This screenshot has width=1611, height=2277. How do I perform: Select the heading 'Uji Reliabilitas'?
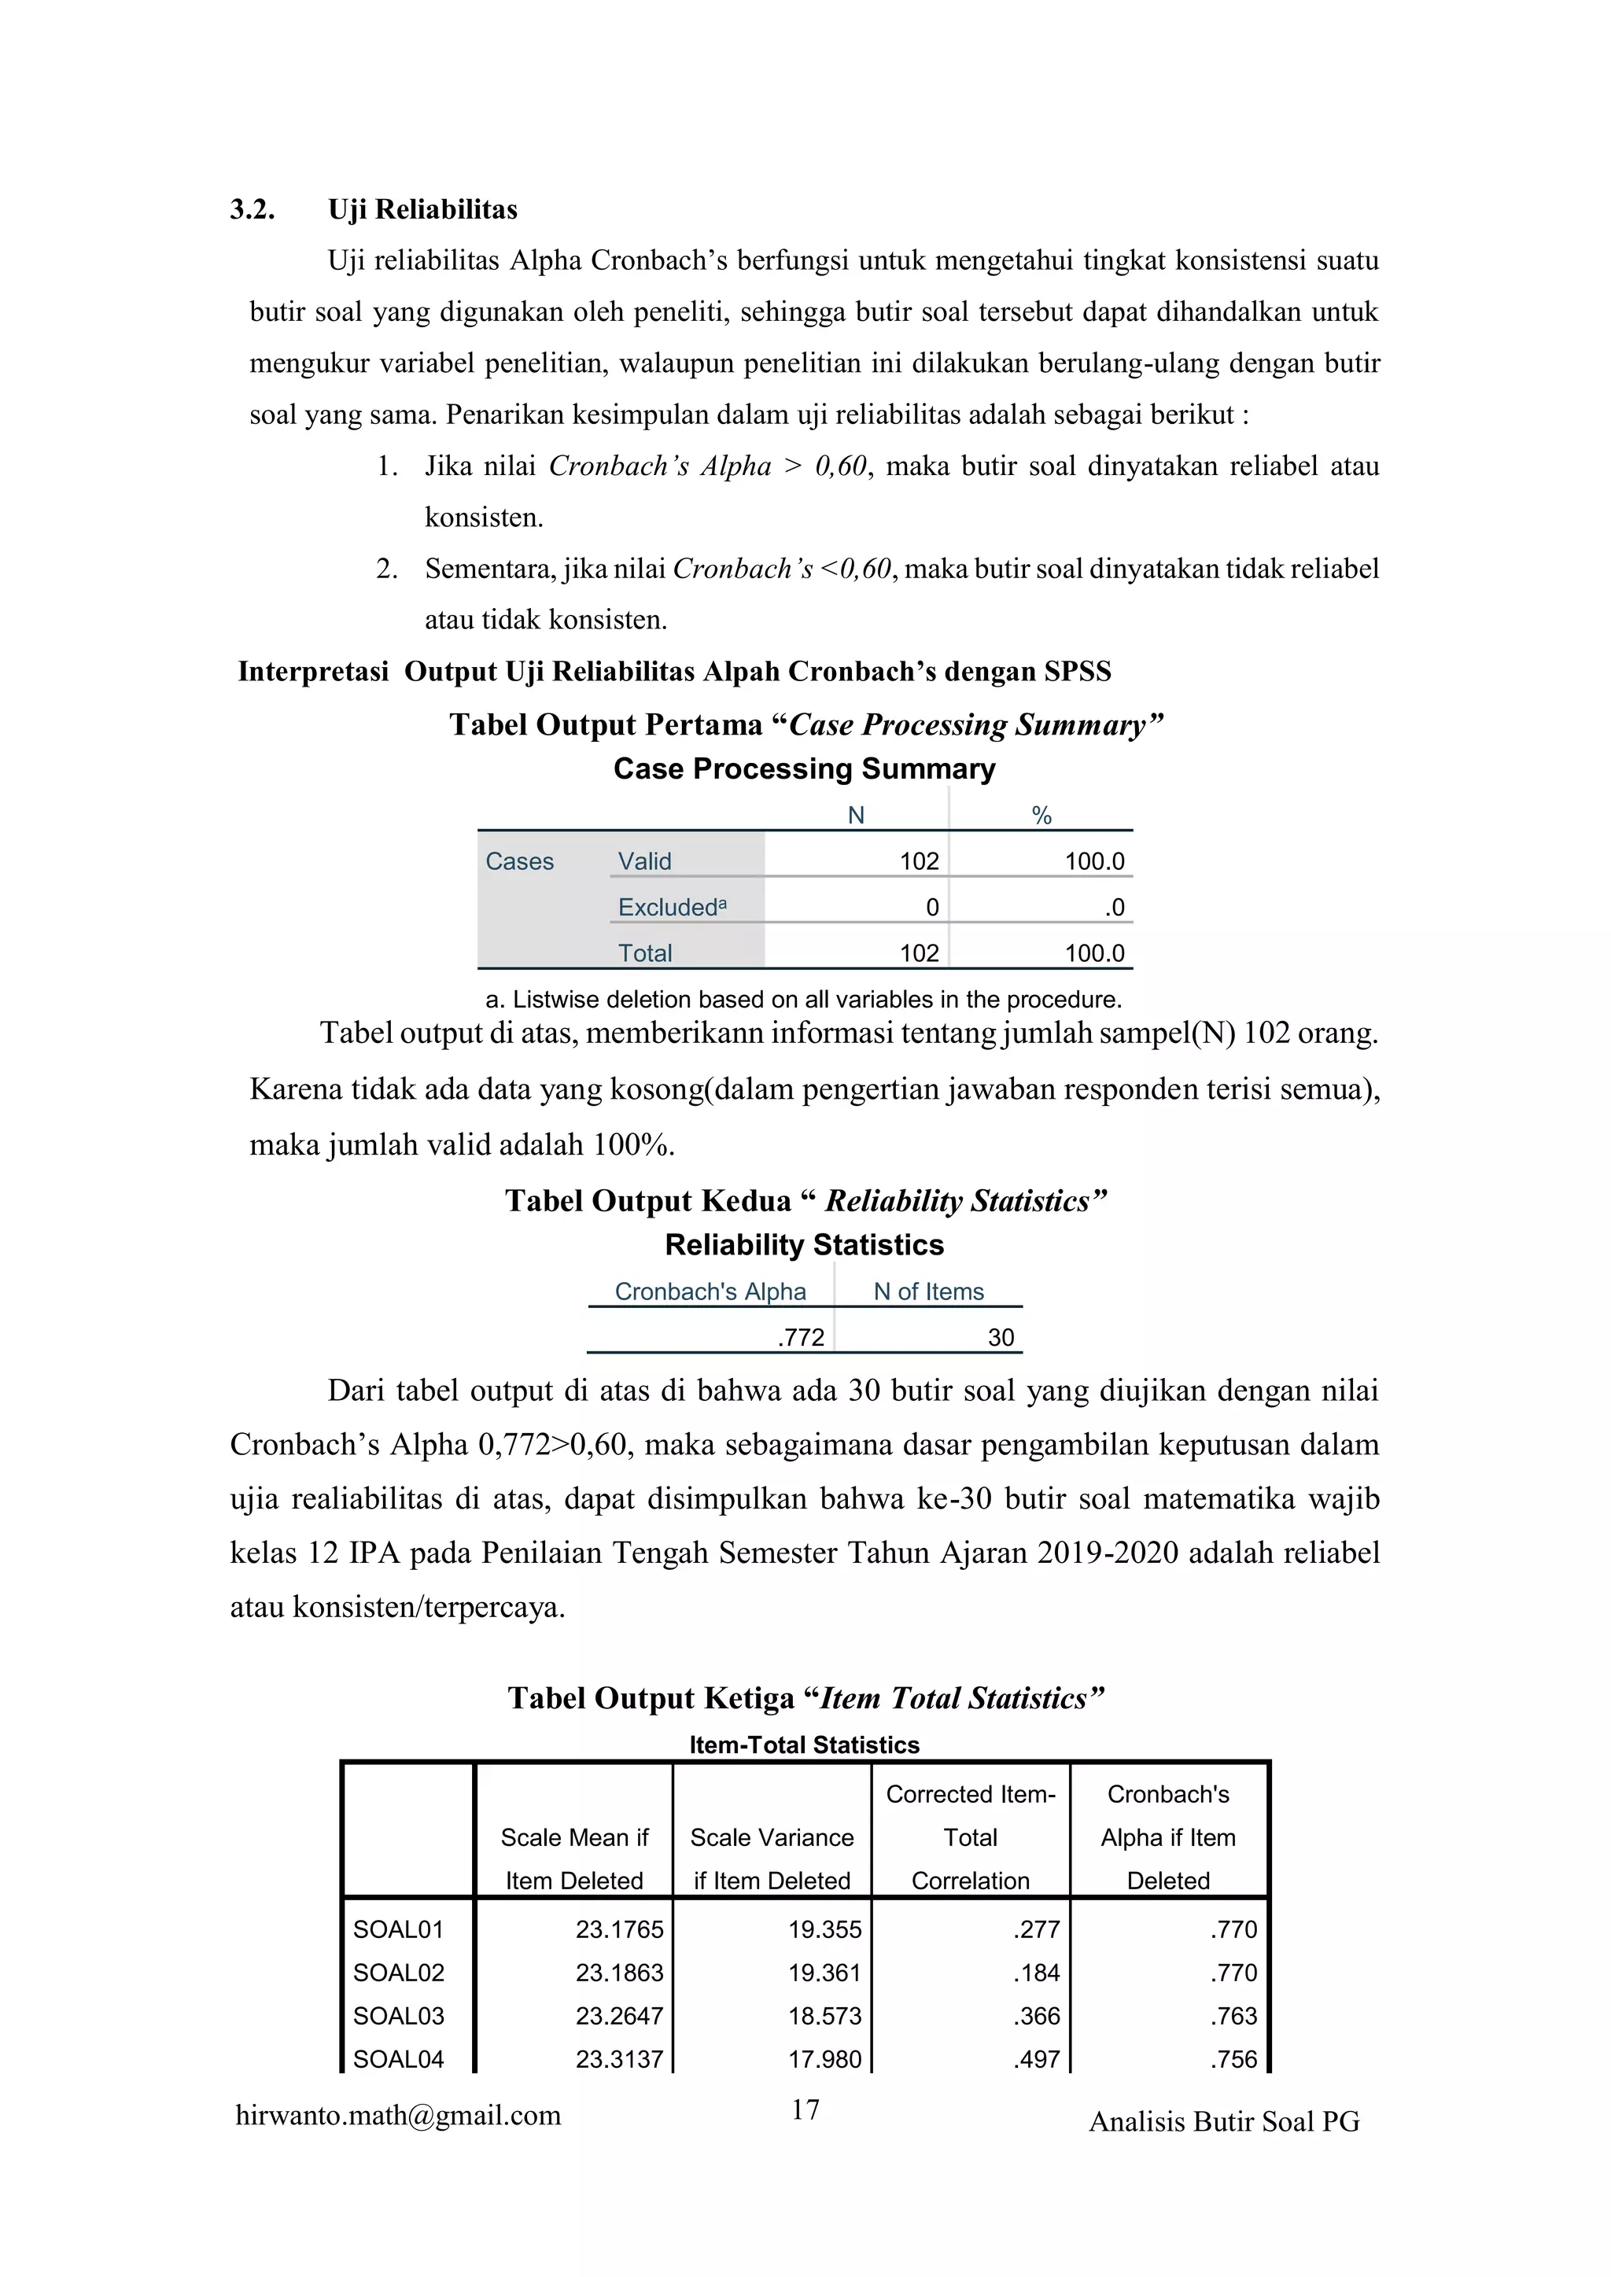[x=422, y=209]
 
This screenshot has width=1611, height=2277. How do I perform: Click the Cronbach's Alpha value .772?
[x=801, y=1337]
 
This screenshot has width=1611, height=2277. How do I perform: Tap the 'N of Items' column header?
[x=928, y=1291]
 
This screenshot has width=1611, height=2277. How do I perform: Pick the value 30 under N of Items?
[x=1000, y=1337]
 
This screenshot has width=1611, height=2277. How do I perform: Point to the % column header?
[x=1041, y=815]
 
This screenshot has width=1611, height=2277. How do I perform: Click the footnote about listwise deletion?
[x=803, y=999]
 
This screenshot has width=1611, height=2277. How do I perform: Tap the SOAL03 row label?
[x=399, y=2015]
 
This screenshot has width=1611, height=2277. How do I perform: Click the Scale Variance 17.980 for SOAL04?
[x=824, y=2059]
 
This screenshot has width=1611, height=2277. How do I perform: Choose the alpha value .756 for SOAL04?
[x=1233, y=2059]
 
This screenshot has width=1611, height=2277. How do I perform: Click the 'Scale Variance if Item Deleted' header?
[x=772, y=1859]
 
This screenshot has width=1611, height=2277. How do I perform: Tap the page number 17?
[x=805, y=2109]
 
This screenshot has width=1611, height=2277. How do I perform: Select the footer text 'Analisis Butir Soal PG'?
[x=1224, y=2121]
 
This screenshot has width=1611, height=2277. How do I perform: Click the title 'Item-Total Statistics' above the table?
[x=805, y=1745]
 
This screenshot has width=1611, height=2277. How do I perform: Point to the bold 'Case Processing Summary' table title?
[x=805, y=768]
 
